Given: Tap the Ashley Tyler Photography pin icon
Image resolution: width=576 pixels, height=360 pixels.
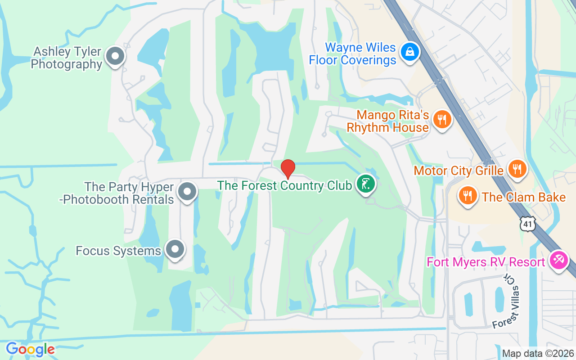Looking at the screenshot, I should click(x=115, y=57).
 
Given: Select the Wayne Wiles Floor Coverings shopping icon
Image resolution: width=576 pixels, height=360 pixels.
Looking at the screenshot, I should click(x=410, y=52).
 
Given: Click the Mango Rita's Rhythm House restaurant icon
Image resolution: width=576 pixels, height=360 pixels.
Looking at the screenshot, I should click(x=442, y=120).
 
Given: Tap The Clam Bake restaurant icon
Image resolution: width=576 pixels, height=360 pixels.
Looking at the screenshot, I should click(x=468, y=196).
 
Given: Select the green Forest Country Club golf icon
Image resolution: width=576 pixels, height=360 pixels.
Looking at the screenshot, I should click(x=366, y=184).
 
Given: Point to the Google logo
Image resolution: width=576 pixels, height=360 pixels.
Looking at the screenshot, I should click(x=30, y=349).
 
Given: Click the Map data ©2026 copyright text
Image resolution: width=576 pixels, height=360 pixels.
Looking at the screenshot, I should click(x=538, y=353).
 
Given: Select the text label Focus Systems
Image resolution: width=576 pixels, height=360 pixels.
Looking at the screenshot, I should click(x=118, y=251).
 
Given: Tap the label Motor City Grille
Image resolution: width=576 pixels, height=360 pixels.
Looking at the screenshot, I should click(x=458, y=171).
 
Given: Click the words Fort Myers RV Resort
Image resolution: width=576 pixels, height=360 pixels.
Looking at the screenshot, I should click(x=486, y=262).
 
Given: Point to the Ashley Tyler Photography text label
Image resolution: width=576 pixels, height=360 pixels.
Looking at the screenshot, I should click(x=67, y=58).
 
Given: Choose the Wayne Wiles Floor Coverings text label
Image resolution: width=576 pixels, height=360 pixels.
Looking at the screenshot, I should click(x=352, y=54).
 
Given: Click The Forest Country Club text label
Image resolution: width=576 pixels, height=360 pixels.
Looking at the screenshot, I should click(x=284, y=185).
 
